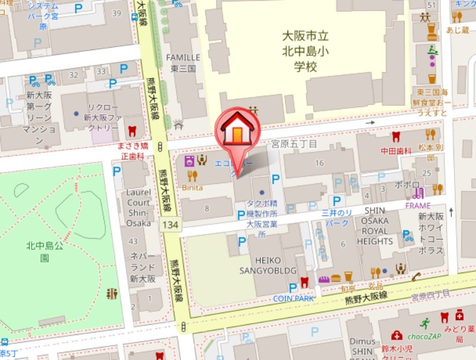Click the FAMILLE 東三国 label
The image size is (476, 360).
tap(183, 62)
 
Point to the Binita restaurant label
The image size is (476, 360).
tap(192, 187)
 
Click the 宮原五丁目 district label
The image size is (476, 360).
tap(295, 144)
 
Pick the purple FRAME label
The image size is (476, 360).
tap(417, 206)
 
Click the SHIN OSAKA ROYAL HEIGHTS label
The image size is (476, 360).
tap(375, 226)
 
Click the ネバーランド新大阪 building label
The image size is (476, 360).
tap(143, 267)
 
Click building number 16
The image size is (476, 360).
tap(320, 163)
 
